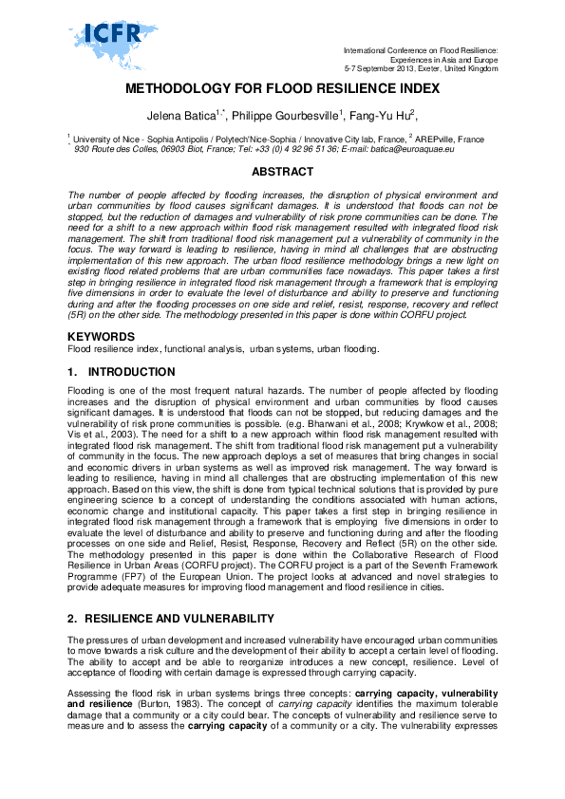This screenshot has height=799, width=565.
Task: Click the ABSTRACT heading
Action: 282,172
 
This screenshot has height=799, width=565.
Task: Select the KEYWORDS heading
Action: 100,337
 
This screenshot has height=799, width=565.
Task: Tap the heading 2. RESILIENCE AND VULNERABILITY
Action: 171,592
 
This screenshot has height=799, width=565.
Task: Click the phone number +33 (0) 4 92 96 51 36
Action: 296,149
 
